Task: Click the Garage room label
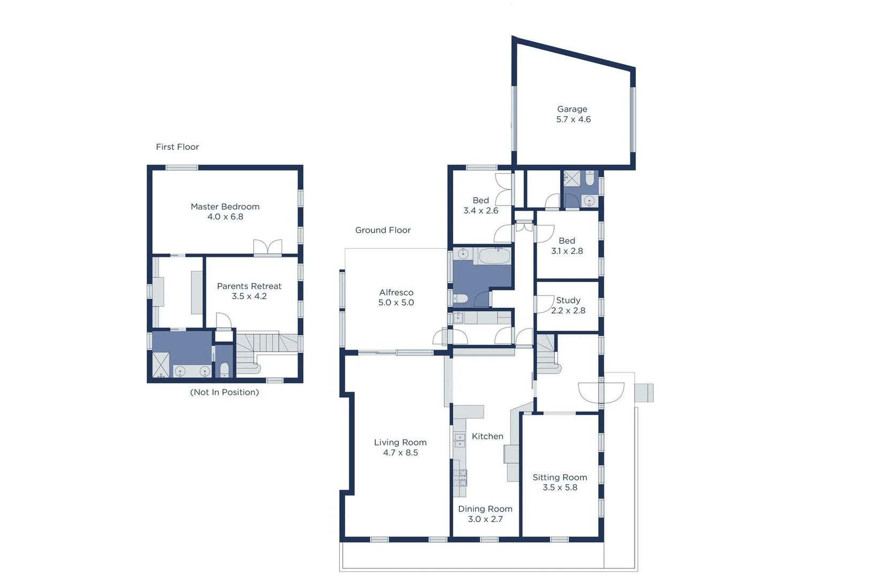coord(572,109)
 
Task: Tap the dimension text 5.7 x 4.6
coord(573,119)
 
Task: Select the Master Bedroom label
coord(225,207)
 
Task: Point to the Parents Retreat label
coord(249,286)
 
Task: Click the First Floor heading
coord(177,147)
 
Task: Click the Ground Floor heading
coord(383,230)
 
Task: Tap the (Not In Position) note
coord(224,392)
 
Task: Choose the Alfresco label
coord(396,293)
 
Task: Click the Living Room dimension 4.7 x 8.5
coord(400,453)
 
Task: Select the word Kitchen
coord(487,437)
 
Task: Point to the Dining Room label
coord(485,509)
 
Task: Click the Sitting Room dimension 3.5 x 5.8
coord(560,488)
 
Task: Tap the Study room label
coord(568,301)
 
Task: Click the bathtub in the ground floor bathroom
coord(494,256)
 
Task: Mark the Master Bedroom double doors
coord(268,247)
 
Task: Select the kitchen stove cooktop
coord(460,477)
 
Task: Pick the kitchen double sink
coord(459,440)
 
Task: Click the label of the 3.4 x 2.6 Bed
coord(481,201)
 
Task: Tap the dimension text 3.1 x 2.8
coord(567,251)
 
